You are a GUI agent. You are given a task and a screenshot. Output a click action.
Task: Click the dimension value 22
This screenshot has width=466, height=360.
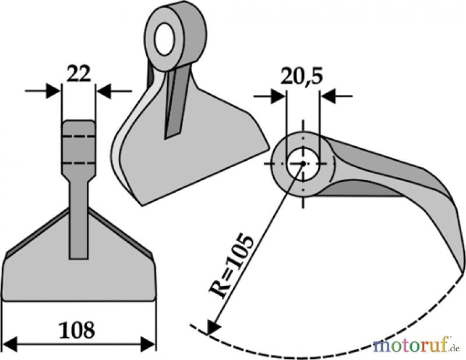click(79, 75)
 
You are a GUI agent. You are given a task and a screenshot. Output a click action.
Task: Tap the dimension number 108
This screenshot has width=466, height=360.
click(77, 330)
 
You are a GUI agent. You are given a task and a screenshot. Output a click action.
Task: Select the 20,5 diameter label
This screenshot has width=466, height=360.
click(301, 77)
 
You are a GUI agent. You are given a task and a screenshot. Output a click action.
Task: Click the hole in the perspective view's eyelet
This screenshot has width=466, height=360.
click(164, 39)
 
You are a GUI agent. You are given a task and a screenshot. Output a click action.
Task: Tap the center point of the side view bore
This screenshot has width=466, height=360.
click(303, 163)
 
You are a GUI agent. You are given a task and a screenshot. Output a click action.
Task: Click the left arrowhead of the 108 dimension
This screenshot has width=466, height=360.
click(10, 344)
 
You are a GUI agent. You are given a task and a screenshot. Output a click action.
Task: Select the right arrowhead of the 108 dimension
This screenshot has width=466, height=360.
click(148, 344)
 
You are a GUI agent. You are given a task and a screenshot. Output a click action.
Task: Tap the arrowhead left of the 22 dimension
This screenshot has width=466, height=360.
click(53, 91)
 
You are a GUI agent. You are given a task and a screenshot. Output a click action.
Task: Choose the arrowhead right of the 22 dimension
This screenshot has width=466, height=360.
click(104, 91)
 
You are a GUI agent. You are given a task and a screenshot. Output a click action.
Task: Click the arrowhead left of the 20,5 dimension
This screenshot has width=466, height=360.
click(278, 96)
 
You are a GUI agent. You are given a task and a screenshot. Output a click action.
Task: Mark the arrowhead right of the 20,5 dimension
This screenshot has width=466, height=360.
click(328, 96)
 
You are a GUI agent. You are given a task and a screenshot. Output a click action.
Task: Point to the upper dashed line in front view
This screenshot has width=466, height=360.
click(79, 136)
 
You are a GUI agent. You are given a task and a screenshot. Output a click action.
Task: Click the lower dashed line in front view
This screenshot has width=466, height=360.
click(79, 163)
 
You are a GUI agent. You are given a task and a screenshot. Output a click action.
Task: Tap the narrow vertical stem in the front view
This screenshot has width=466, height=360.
click(79, 220)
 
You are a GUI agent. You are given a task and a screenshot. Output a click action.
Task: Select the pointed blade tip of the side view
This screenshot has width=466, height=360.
click(464, 273)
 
